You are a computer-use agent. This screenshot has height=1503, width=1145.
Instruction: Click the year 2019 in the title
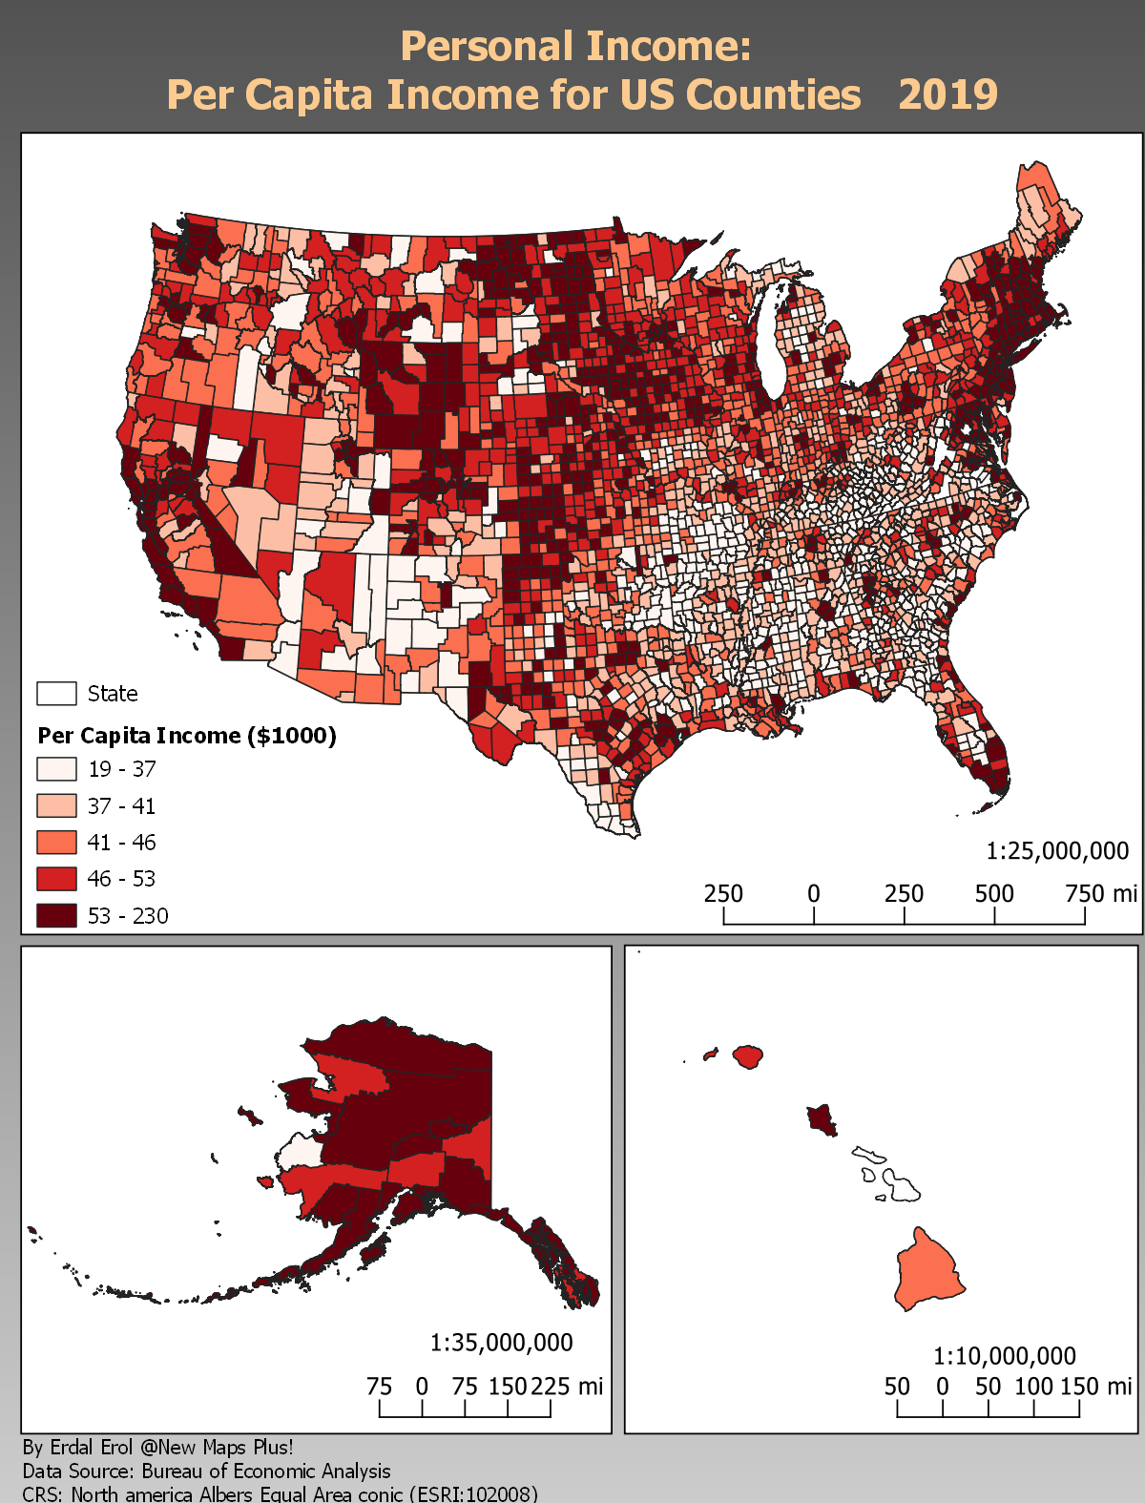tap(947, 94)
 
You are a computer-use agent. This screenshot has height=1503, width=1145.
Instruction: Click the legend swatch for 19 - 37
tap(56, 769)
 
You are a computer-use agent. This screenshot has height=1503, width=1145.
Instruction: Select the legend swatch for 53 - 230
tap(56, 915)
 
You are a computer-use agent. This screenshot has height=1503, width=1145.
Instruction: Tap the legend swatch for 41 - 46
tap(56, 843)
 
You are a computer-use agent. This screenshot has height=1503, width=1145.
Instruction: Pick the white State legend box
tap(56, 694)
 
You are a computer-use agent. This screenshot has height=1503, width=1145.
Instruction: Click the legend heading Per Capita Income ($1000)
tap(187, 736)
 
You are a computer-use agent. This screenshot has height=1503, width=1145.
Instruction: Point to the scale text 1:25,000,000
tap(1057, 851)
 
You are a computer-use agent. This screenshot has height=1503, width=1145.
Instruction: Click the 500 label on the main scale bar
tap(994, 894)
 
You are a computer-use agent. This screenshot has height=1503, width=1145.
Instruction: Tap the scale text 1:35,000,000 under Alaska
tap(502, 1343)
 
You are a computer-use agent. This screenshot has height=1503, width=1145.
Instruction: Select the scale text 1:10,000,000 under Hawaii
tap(1005, 1356)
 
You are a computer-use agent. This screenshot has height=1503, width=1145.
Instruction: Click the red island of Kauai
tap(748, 1056)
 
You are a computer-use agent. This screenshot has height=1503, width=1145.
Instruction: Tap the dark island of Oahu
tap(821, 1117)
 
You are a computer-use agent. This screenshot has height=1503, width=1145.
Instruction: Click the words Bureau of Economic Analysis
tap(266, 1472)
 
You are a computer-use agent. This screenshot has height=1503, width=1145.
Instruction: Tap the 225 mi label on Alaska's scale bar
tap(567, 1386)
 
